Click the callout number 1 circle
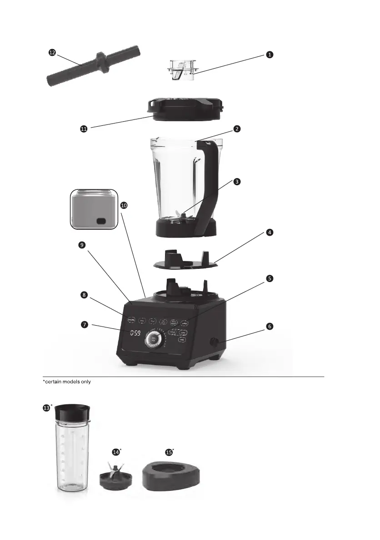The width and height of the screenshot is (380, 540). [x=270, y=54]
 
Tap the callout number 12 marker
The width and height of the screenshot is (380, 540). [x=52, y=53]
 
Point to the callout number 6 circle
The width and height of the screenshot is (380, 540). [x=270, y=326]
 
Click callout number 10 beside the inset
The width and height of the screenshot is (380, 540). [x=124, y=205]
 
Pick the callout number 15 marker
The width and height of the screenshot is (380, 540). [x=169, y=452]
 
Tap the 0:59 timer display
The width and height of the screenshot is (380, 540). [x=135, y=333]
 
